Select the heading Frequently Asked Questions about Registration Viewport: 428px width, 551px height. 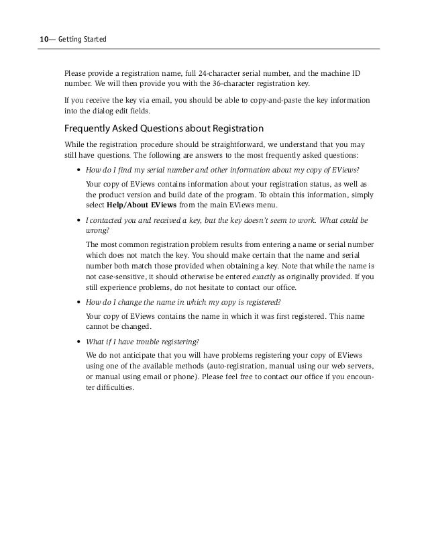164,128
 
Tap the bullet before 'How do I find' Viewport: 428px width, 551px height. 80,169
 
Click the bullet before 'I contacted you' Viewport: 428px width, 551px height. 80,220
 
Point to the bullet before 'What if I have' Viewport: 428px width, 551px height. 80,342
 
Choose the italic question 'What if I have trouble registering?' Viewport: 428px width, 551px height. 143,342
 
